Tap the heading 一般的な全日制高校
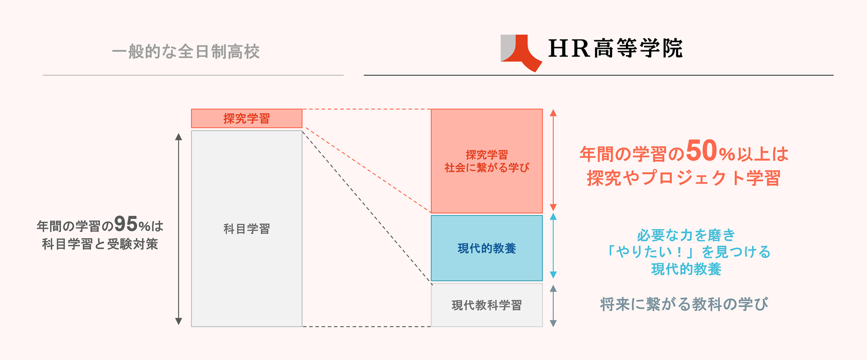coord(186,51)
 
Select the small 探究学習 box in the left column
coord(246,118)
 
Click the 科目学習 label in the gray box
coord(246,229)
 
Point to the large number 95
coord(126,224)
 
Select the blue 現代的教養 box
coord(487,248)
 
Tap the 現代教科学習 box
coord(487,305)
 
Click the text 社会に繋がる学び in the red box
coord(487,168)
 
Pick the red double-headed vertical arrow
coord(553,160)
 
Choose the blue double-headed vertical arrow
coord(553,246)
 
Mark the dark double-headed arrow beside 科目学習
coord(179,229)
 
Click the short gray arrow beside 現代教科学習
coord(553,305)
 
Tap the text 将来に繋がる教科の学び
coord(684,304)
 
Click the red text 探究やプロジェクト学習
coord(684,178)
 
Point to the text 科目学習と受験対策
coord(100,244)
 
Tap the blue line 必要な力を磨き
coord(686,235)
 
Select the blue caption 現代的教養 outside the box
coord(686,269)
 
